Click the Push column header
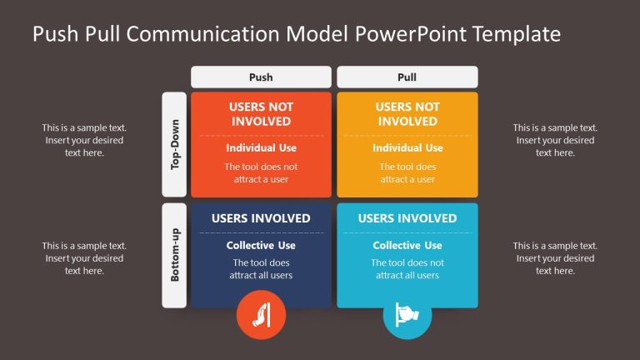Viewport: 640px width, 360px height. point(261,77)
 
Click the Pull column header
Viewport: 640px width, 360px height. point(407,77)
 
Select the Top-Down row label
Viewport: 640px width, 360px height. point(175,143)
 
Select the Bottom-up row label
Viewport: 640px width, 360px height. point(175,255)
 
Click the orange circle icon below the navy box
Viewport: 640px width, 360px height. point(261,316)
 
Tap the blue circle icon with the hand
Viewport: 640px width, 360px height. point(407,316)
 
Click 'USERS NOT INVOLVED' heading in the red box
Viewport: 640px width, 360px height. point(261,114)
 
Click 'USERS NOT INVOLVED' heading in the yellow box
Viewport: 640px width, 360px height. point(407,114)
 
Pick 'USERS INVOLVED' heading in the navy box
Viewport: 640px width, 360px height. point(261,218)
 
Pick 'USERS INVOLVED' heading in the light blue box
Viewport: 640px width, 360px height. point(407,218)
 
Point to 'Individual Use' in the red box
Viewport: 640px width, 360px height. point(261,148)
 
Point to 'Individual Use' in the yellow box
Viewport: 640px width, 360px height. point(407,148)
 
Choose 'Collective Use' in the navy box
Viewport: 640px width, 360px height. point(261,246)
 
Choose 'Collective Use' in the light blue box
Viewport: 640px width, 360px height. point(407,246)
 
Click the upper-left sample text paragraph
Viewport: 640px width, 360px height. point(84,140)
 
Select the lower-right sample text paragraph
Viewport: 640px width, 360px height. point(555,258)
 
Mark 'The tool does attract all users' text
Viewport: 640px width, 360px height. point(261,269)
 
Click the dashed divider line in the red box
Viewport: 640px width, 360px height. point(261,135)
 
